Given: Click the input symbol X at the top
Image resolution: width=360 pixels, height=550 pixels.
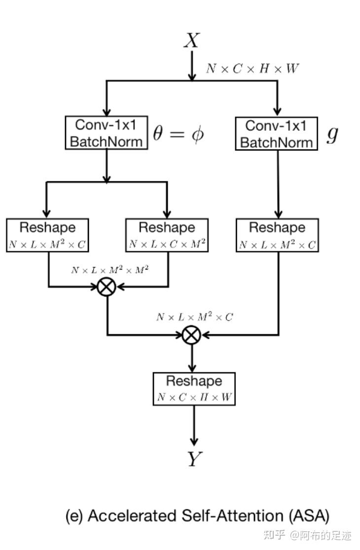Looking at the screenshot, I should pos(191,40).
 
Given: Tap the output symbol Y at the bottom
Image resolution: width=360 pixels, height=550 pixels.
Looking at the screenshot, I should pos(194,459).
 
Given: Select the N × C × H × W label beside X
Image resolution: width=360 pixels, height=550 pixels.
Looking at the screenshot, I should pos(252,69).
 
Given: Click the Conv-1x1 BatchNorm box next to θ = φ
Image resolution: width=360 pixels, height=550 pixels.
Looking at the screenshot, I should pos(106,133).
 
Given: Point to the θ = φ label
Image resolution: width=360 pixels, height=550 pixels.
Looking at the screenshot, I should pos(178,134).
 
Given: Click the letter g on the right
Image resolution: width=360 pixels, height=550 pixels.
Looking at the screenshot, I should pos(333,134).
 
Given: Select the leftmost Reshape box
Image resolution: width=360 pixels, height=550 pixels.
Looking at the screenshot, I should pos(47,235).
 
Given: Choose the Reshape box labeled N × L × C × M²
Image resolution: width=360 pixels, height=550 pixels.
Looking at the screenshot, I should pos(167,235).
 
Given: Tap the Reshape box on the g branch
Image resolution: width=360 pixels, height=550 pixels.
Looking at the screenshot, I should pos(278,235).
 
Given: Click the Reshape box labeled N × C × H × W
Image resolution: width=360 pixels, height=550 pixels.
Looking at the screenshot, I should pos(194,389).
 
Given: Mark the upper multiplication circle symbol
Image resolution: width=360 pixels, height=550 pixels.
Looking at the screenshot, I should pos(107,286).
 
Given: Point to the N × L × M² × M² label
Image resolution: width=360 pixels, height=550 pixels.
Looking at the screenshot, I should pos(109,270).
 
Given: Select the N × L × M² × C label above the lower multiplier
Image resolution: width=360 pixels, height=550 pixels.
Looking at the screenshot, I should pos(194,317).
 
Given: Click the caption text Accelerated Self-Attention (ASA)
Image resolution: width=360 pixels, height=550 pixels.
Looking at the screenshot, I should pos(197,516).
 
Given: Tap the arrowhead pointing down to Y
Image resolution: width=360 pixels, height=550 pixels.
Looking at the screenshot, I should pos(194,440).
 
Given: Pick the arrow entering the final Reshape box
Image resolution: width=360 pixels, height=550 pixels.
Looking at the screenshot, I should pos(192,362).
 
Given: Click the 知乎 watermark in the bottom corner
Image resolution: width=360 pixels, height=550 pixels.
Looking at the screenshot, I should pos(274,535).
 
